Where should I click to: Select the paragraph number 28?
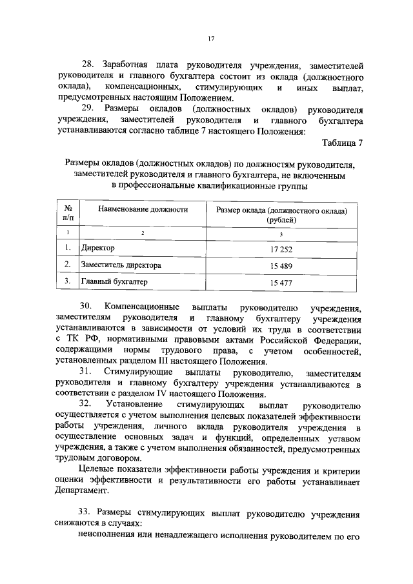pos(87,65)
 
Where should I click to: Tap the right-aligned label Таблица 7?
pos(343,143)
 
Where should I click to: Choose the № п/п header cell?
pos(67,214)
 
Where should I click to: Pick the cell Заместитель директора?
pos(121,265)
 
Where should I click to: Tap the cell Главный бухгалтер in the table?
pos(114,282)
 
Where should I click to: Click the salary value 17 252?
pos(281,248)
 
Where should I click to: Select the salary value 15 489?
pos(281,265)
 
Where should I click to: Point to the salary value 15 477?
pos(281,283)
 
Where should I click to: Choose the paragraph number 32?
pos(86,405)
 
